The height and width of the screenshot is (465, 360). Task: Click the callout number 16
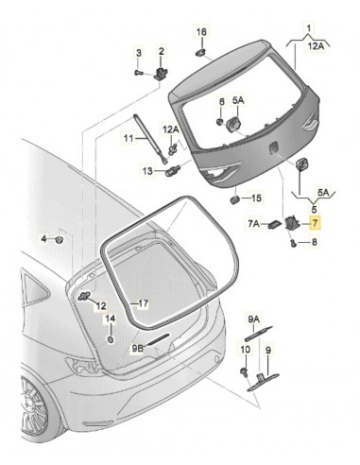pos(200,32)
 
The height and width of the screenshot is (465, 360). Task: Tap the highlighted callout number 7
pos(316,224)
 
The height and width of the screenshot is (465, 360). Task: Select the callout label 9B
pos(139,348)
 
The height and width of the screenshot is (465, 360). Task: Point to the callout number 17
pos(144,304)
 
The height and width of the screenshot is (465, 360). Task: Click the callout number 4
pos(43,240)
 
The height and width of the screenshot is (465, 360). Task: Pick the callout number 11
pos(129,139)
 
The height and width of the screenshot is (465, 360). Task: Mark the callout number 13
pos(147,170)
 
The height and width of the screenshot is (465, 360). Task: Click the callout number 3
pos(138,51)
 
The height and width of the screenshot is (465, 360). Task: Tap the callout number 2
pos(161,51)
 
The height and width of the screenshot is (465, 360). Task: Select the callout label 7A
pos(253,224)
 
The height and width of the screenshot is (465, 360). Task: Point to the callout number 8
pos(316,243)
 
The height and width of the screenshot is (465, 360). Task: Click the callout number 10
pos(245,350)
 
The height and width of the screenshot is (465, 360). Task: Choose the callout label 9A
pos(254,319)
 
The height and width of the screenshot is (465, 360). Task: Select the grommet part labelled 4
pos(60,240)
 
